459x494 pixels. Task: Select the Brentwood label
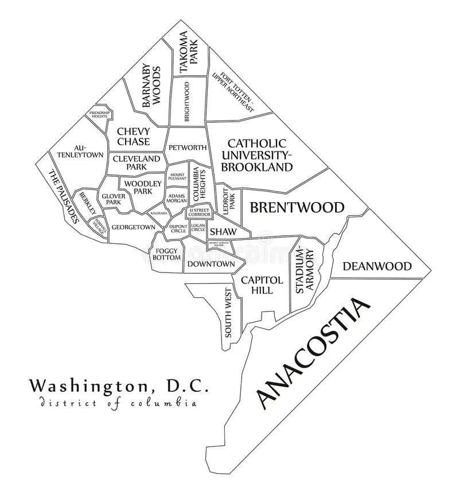(x=297, y=207)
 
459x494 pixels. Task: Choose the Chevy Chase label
(x=133, y=137)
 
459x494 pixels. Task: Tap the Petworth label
(x=186, y=147)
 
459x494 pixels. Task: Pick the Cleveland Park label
(x=137, y=162)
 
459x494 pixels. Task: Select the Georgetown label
(x=133, y=227)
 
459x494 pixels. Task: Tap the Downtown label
(x=211, y=264)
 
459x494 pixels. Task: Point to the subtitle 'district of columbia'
(x=119, y=403)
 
